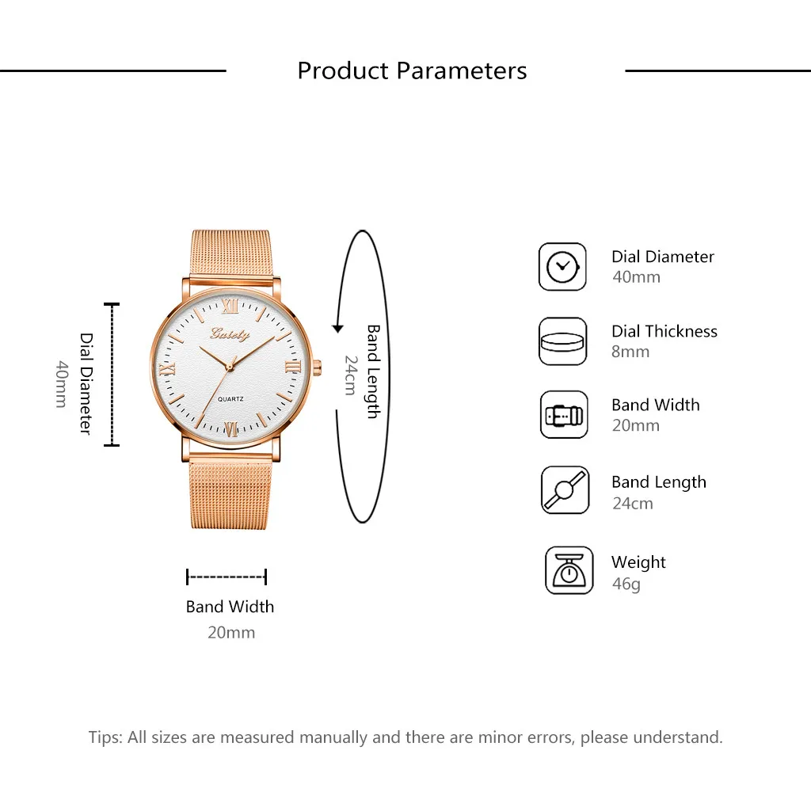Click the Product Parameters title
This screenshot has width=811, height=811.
[x=412, y=70]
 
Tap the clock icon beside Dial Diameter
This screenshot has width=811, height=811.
[x=562, y=267]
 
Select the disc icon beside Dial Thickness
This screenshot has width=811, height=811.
[x=562, y=341]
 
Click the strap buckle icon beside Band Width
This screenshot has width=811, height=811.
[x=564, y=415]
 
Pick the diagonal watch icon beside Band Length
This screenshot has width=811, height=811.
[x=565, y=489]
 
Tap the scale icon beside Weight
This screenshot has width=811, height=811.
[x=569, y=570]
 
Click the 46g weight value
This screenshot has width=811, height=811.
[x=626, y=584]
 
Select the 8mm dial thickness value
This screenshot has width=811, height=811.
[x=630, y=352]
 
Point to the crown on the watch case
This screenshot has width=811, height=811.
[x=317, y=367]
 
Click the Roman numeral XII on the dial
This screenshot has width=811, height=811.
[x=230, y=306]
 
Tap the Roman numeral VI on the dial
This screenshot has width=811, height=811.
[x=231, y=428]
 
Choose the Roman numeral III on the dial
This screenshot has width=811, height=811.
[x=293, y=367]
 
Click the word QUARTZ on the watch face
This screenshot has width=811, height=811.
[x=230, y=399]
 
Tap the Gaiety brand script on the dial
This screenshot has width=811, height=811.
[x=230, y=334]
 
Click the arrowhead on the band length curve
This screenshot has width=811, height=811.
[x=337, y=329]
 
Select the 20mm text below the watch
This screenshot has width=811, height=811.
[x=231, y=632]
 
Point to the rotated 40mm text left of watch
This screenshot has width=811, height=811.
[x=62, y=384]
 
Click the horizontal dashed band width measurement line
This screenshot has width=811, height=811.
[x=227, y=577]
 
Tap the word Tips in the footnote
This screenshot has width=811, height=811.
[x=105, y=737]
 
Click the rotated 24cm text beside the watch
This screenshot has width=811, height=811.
[x=351, y=375]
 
